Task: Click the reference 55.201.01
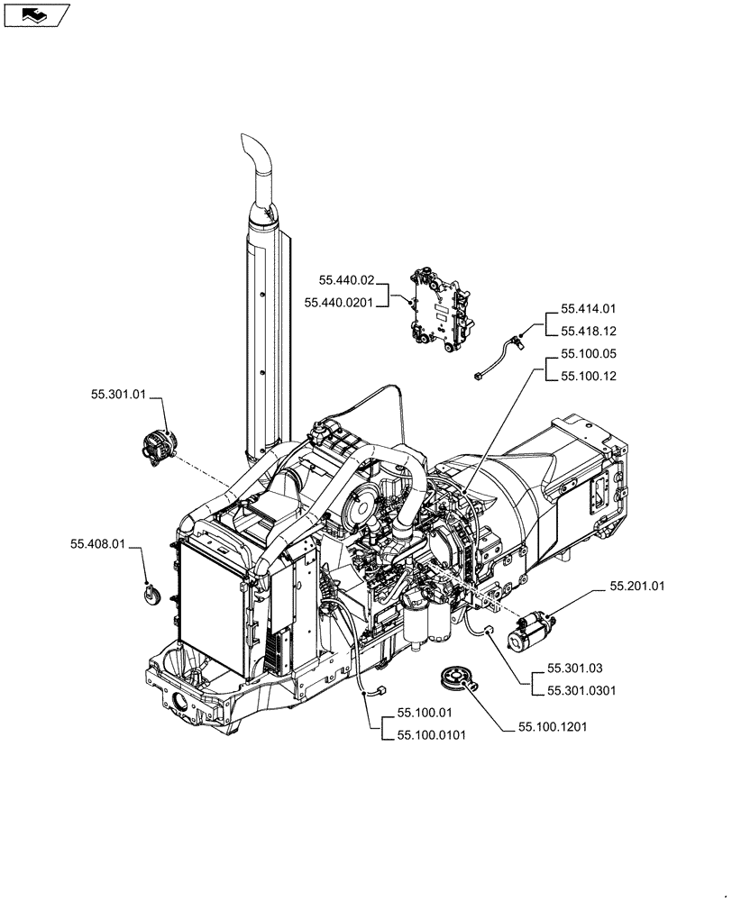click(636, 587)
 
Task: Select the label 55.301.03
click(574, 669)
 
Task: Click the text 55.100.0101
click(430, 735)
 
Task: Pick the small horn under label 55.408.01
click(150, 594)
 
